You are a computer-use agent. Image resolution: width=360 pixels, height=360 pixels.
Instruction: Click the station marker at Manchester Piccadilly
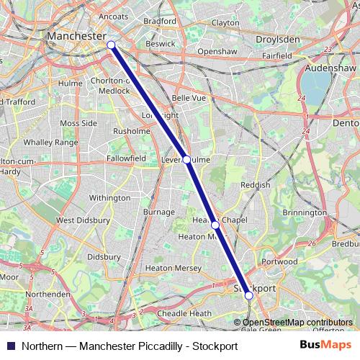111,45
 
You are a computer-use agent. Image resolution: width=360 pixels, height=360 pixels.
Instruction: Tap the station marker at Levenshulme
186,159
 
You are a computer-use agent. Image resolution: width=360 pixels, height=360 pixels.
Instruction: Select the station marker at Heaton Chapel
215,225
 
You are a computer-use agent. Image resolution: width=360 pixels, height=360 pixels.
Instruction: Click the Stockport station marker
248,294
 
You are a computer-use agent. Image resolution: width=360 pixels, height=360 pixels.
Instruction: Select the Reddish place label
256,185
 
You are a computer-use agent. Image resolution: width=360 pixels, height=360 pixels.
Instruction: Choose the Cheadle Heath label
184,313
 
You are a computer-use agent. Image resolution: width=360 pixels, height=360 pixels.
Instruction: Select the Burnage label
158,212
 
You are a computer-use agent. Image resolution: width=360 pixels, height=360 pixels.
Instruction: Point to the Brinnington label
305,213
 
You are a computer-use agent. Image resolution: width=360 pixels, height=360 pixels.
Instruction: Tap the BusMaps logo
325,346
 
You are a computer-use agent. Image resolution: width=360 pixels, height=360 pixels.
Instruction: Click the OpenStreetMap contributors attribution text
297,322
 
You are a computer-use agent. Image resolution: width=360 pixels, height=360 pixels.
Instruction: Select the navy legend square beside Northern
10,346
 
